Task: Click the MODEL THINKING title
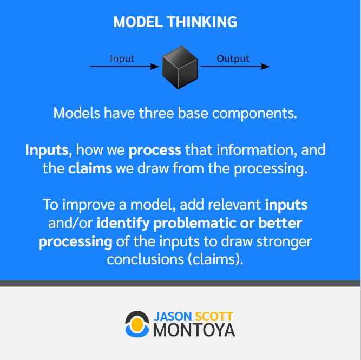(x=175, y=22)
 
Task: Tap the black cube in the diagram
(x=180, y=67)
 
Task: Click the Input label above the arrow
(x=122, y=58)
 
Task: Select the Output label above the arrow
(x=233, y=58)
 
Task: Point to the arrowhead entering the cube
(x=154, y=67)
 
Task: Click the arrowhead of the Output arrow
(x=265, y=67)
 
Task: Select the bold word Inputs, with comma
(x=49, y=150)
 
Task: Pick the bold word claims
(x=90, y=168)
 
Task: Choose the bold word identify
(x=123, y=224)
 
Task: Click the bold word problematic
(x=194, y=224)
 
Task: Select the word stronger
(x=284, y=242)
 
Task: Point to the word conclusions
(x=145, y=259)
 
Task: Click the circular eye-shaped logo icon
(x=137, y=324)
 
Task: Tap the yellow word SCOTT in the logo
(x=214, y=317)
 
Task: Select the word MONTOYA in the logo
(x=194, y=330)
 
